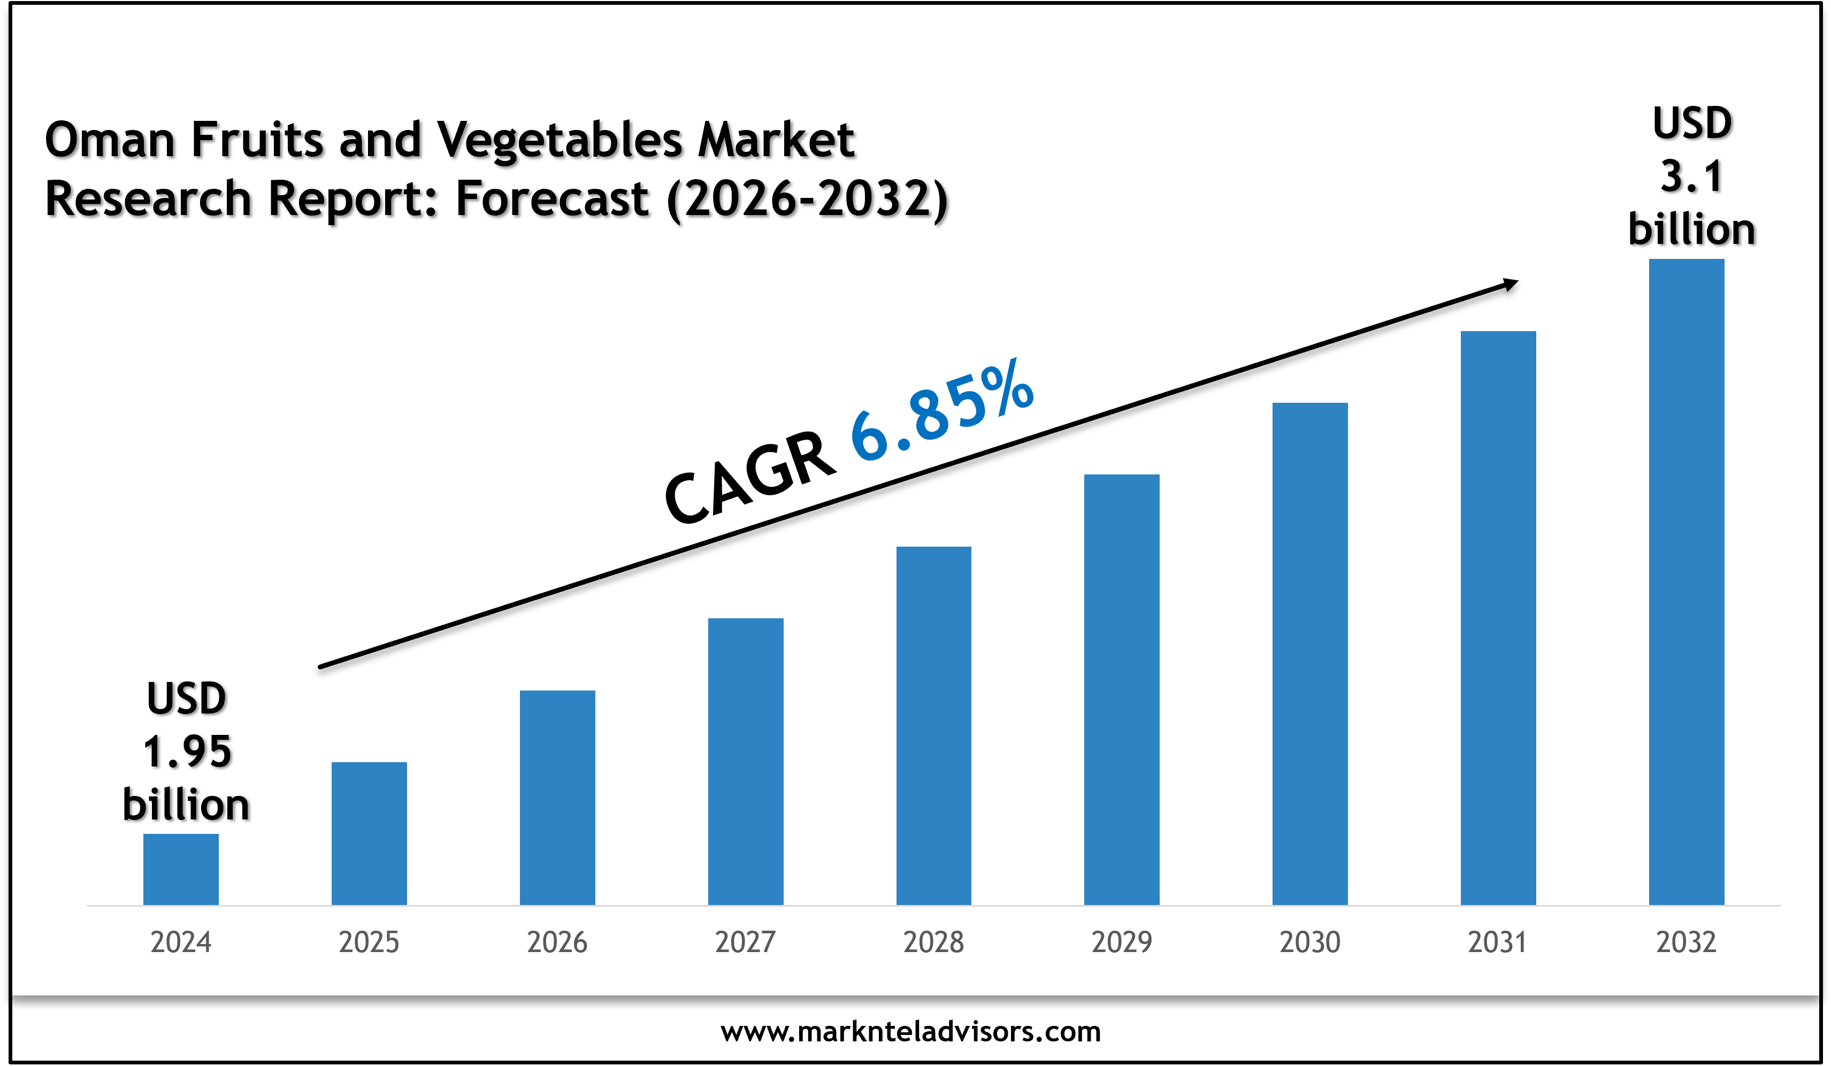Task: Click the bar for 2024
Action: (x=181, y=869)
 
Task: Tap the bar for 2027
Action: (x=746, y=762)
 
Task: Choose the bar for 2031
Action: (x=1498, y=618)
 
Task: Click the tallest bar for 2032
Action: (x=1687, y=581)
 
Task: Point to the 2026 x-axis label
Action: (x=557, y=942)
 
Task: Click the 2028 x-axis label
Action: (x=933, y=942)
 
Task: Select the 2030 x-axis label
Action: (x=1310, y=942)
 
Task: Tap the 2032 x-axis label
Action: (x=1687, y=942)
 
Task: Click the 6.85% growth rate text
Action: (x=943, y=411)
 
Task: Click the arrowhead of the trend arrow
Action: (x=1511, y=284)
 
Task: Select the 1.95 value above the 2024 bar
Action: (x=187, y=751)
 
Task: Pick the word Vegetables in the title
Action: (x=560, y=140)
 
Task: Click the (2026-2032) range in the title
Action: (x=808, y=199)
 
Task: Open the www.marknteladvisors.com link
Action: (x=910, y=1032)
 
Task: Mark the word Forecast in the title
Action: (x=552, y=199)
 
